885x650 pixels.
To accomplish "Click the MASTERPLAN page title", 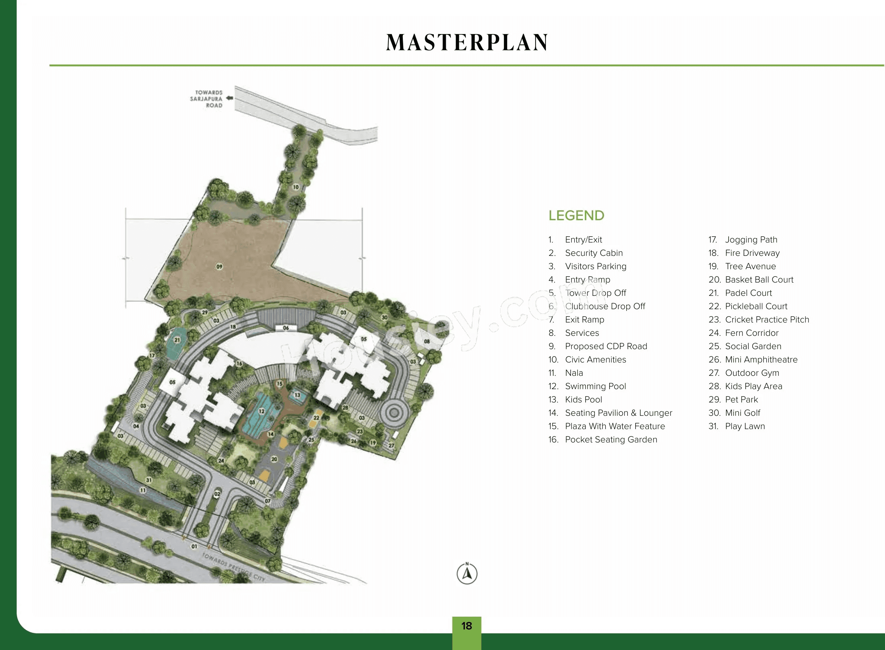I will point(467,43).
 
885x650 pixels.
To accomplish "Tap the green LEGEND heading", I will point(576,216).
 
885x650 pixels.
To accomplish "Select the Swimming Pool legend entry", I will point(595,386).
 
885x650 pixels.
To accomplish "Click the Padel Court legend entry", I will point(748,293).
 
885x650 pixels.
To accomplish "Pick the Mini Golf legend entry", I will point(742,413).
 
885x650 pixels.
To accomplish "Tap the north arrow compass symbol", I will point(467,574).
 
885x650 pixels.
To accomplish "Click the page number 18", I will point(467,626).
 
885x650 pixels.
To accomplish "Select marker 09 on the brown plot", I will point(219,267).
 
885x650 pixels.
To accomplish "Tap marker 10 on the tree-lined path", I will point(296,187).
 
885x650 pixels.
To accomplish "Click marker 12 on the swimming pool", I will point(261,411).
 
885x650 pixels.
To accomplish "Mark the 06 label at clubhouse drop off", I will point(286,328).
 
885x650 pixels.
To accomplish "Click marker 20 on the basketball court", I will point(274,459).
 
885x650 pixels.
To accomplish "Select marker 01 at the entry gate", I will point(194,546).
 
